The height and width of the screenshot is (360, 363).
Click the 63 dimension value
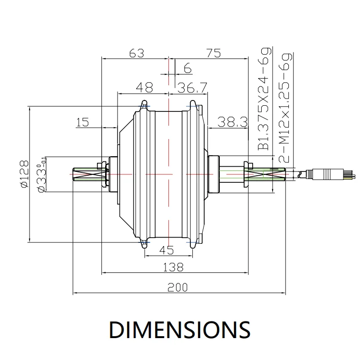[137, 53]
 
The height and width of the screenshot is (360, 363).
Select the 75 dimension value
[214, 53]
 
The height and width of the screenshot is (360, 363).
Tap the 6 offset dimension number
[188, 68]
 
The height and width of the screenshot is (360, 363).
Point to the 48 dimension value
[145, 87]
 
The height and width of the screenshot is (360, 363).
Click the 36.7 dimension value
[192, 88]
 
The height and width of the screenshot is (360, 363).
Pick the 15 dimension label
[82, 122]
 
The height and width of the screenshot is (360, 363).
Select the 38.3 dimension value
[233, 122]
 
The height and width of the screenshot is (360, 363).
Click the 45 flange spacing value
[167, 250]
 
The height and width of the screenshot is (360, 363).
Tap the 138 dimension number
[173, 267]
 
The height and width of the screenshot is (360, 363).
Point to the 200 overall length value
[177, 287]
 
